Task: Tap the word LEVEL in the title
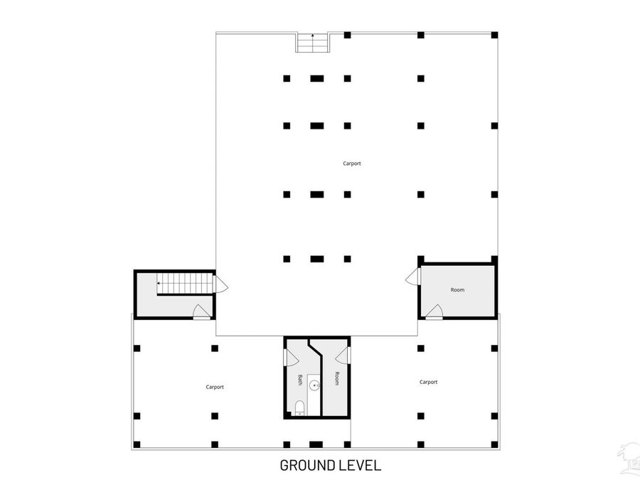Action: pyautogui.click(x=360, y=465)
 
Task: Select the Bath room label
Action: pyautogui.click(x=300, y=380)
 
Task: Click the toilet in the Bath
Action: pyautogui.click(x=299, y=407)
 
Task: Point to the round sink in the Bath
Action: pyautogui.click(x=314, y=385)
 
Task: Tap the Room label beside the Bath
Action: pyautogui.click(x=337, y=378)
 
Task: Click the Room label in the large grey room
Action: pyautogui.click(x=457, y=290)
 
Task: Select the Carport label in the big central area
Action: pyautogui.click(x=352, y=164)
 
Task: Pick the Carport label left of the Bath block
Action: pyautogui.click(x=215, y=387)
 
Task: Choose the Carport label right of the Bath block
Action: pyautogui.click(x=429, y=382)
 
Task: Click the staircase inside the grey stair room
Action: pyautogui.click(x=186, y=283)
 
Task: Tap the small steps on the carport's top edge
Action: pyautogui.click(x=313, y=43)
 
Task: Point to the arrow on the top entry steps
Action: pyautogui.click(x=313, y=43)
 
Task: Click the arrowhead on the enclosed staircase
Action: pyautogui.click(x=159, y=283)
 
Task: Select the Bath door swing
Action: pyautogui.click(x=292, y=357)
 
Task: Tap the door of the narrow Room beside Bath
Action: pyautogui.click(x=343, y=356)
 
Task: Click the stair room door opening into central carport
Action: pyautogui.click(x=220, y=284)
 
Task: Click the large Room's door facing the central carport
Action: pyautogui.click(x=413, y=277)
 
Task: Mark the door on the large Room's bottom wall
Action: pyautogui.click(x=434, y=311)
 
